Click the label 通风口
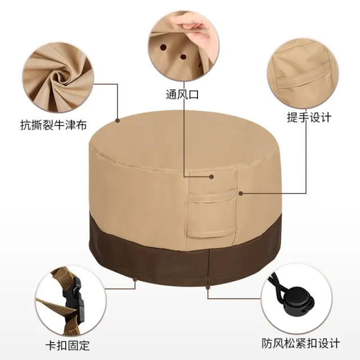[x=182, y=94]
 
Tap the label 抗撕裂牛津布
[x=53, y=125]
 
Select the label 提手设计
[x=309, y=118]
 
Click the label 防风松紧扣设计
[x=301, y=344]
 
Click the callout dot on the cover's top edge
[x=118, y=120]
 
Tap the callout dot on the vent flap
[x=211, y=177]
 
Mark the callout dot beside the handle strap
[x=241, y=193]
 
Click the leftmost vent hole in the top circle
[x=164, y=48]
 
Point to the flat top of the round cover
[x=184, y=140]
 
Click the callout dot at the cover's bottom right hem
[x=208, y=287]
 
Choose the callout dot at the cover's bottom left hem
[x=135, y=280]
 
